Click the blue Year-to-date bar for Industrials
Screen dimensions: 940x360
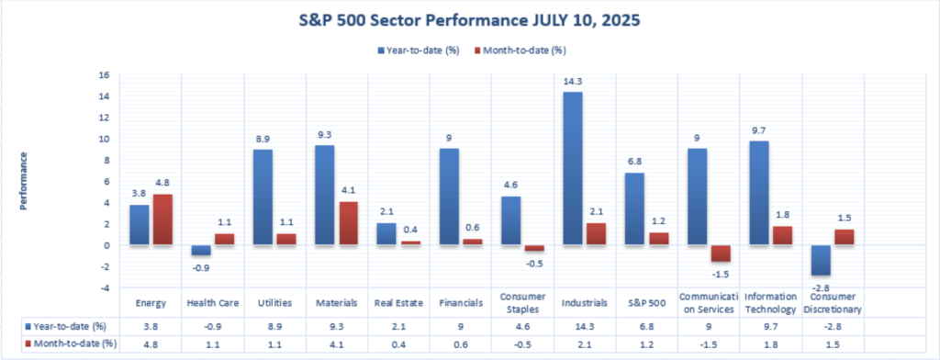572,169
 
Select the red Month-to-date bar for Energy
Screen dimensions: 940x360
162,219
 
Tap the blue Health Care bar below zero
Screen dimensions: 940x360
201,250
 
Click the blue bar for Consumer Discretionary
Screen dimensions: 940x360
821,261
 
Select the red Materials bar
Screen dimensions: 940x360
349,223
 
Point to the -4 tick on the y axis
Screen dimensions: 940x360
106,288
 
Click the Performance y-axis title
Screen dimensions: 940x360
24,181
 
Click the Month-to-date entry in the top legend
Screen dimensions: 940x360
520,51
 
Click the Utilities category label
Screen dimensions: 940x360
275,303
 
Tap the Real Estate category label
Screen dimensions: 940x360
398,303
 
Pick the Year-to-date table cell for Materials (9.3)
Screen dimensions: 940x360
337,328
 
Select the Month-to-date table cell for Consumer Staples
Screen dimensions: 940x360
522,344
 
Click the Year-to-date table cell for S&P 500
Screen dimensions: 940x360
647,328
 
